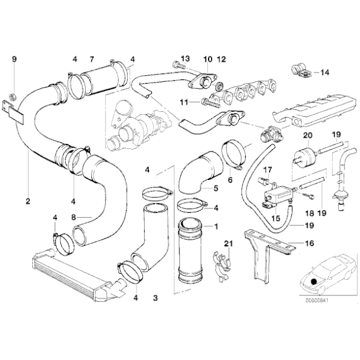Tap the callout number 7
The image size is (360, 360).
click(91, 60)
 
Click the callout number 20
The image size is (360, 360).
click(307, 135)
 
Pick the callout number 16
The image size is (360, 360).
click(311, 244)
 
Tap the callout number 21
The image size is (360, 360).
click(228, 243)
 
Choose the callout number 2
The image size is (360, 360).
click(28, 200)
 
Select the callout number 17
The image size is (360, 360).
click(268, 169)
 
